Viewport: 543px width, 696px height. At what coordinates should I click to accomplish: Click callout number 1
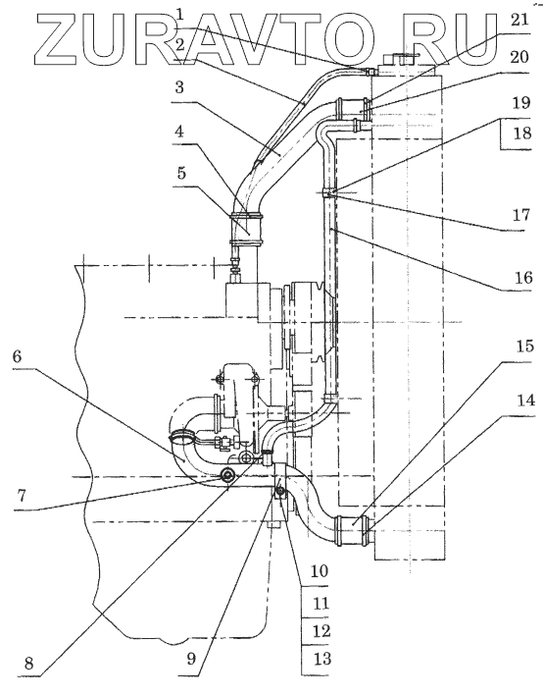point(180,15)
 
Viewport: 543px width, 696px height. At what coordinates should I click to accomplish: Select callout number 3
point(179,87)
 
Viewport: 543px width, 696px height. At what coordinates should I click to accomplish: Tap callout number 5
point(181,173)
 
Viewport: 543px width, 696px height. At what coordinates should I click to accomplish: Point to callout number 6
point(17,355)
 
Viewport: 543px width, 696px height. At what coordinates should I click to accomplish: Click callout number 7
point(22,495)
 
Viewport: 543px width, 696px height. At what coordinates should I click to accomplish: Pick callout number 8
point(28,664)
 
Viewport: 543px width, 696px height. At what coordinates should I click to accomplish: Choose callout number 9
point(190,659)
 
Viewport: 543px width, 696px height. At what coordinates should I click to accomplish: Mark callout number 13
point(321,659)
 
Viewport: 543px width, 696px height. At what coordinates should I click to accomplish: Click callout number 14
point(525,401)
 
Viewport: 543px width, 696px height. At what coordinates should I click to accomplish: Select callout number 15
point(524,347)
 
